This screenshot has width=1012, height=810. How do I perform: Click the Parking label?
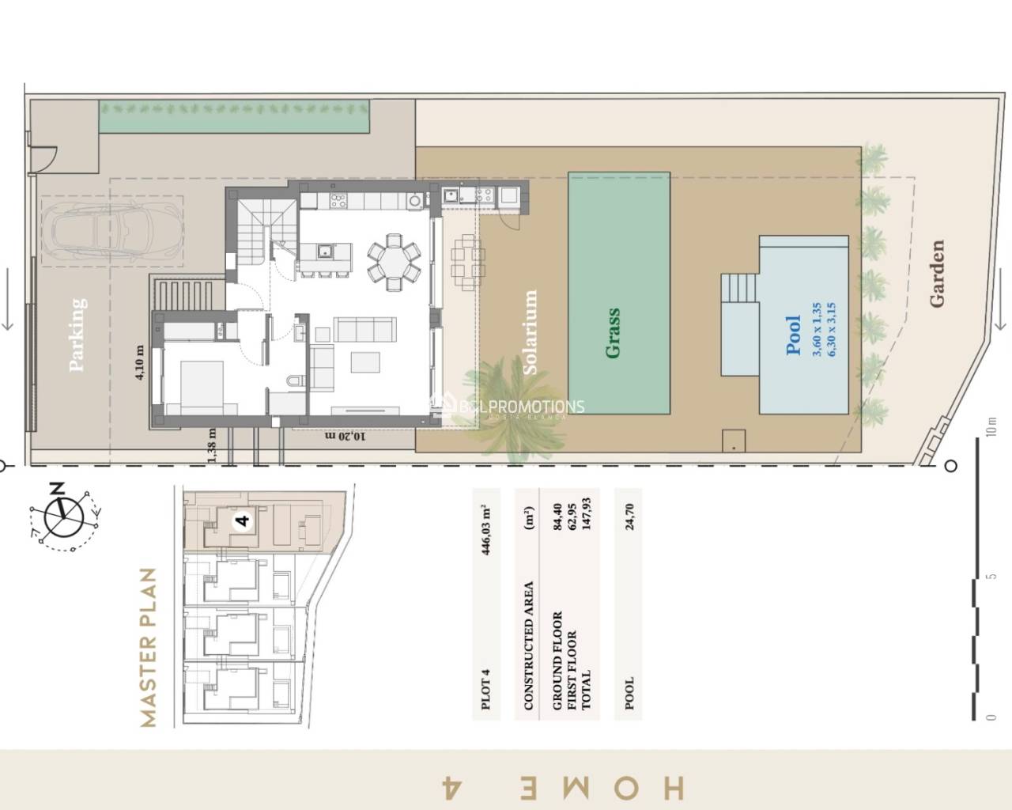tap(77, 334)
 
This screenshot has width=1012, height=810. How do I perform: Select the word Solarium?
tap(531, 332)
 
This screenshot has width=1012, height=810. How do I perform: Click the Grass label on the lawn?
tap(613, 333)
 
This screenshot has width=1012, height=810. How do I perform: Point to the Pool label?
tap(794, 335)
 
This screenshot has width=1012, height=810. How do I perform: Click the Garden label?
tap(937, 274)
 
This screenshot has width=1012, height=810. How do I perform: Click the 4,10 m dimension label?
tap(140, 363)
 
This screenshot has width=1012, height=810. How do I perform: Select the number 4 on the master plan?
tap(243, 520)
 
